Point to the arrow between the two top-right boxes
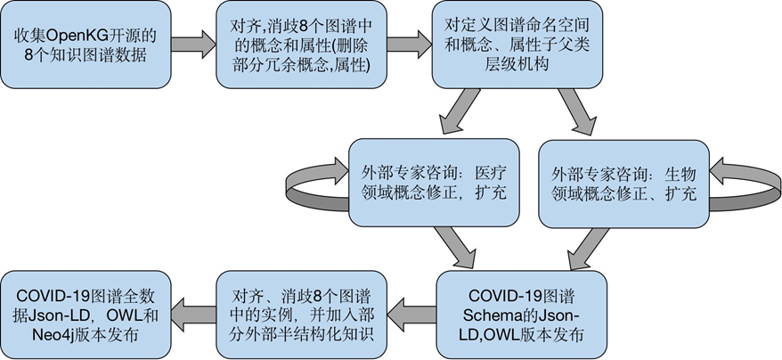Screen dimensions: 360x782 pyautogui.click(x=410, y=45)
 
